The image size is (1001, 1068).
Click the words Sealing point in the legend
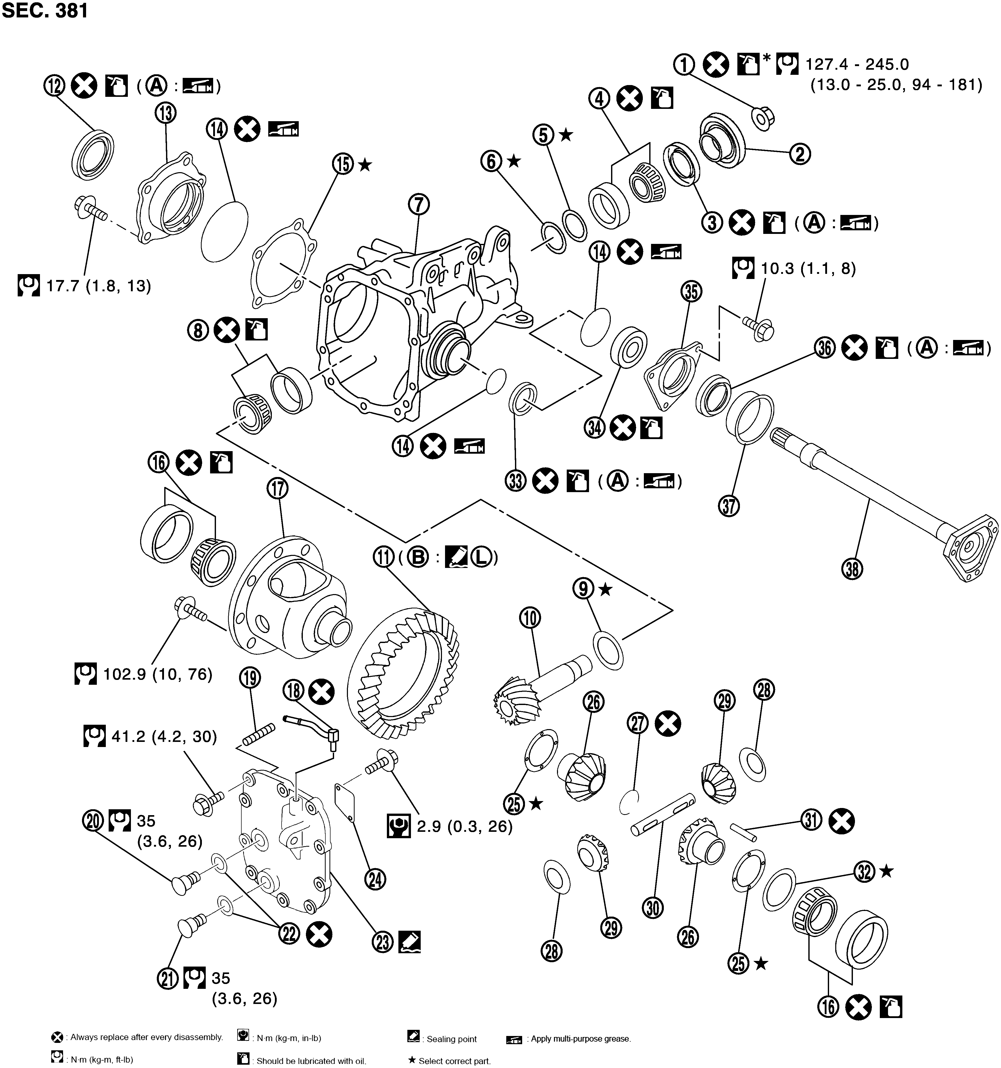click(451, 1039)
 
